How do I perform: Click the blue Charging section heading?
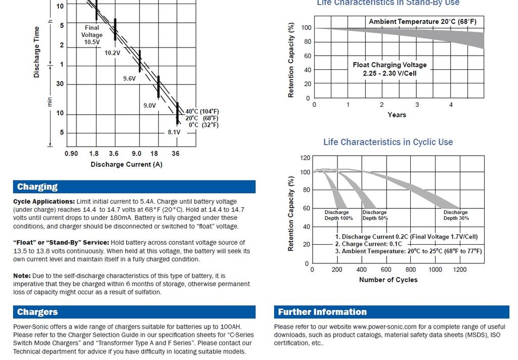click(x=37, y=187)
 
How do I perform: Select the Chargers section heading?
click(x=37, y=312)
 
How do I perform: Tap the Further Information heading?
click(x=322, y=312)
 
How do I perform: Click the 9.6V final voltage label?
click(x=129, y=79)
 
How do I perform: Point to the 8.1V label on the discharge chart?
click(x=174, y=132)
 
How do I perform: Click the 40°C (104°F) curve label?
click(x=202, y=111)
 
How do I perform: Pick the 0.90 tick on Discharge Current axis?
click(x=71, y=153)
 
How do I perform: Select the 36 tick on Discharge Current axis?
click(x=176, y=153)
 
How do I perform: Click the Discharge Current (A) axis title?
click(x=126, y=164)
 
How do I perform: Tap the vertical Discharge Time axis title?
click(x=36, y=53)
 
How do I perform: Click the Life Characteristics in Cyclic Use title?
click(x=388, y=142)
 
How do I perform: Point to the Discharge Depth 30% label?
click(x=456, y=215)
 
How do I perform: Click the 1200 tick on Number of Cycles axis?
click(x=459, y=269)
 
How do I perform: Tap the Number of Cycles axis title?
click(x=388, y=280)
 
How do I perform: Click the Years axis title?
click(x=397, y=115)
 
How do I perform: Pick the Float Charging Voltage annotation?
click(x=390, y=69)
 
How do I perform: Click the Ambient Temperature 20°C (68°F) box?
click(x=422, y=22)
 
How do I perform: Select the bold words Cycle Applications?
click(x=44, y=202)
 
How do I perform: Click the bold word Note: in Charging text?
click(x=22, y=276)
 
